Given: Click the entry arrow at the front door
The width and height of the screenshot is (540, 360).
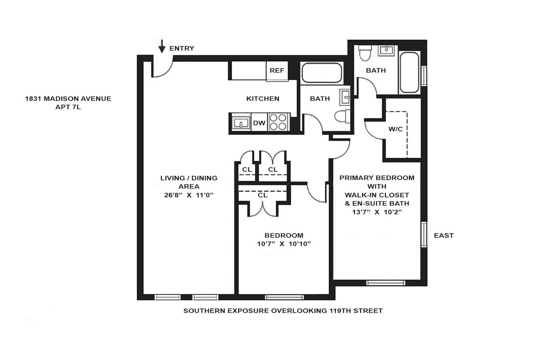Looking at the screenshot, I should (x=162, y=46).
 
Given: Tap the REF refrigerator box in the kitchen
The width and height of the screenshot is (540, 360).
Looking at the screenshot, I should (x=277, y=71).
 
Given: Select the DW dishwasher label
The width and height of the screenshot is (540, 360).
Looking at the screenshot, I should (x=259, y=123).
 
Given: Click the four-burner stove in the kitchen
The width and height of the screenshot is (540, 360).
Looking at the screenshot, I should (x=278, y=122).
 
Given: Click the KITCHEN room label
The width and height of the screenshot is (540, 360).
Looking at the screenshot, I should (x=263, y=99).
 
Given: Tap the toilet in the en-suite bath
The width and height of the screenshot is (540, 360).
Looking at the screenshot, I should (x=364, y=54).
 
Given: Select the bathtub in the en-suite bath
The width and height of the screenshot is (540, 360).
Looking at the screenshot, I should (x=409, y=72).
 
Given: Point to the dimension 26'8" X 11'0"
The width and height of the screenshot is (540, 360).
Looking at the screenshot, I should (x=189, y=195).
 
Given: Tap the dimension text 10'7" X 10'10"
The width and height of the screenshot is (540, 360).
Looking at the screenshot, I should (x=283, y=244).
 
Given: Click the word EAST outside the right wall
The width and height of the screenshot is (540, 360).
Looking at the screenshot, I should (x=444, y=236).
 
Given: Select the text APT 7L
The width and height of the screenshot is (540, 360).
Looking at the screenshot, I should (x=66, y=107).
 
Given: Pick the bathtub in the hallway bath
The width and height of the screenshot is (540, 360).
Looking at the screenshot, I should (x=322, y=73).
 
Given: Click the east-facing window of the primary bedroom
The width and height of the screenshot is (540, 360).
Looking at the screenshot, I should (x=423, y=235).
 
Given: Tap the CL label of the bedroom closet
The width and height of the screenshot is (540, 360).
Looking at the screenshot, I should (x=263, y=195).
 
